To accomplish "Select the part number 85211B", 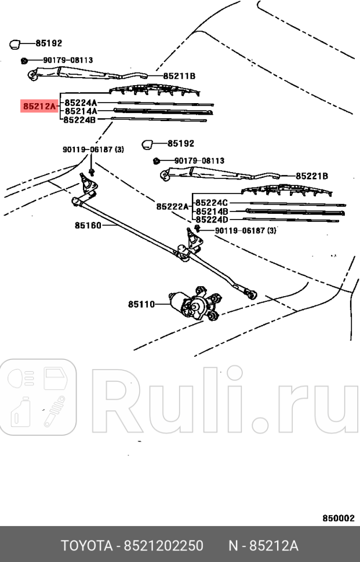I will tap(179, 76).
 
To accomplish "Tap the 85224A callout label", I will tap(81, 103).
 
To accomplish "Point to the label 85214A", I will tap(81, 111).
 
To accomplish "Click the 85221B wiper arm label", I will tap(312, 176).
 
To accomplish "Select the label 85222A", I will tap(172, 207).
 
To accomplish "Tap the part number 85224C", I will tap(212, 203).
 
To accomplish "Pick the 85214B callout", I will tap(212, 211).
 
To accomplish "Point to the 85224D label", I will tap(212, 220).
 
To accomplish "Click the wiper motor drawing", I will tap(194, 303).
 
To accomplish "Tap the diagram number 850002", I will tap(338, 519).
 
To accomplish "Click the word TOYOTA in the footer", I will tap(87, 546).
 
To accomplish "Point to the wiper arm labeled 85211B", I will tap(87, 74).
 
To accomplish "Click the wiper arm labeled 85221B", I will tap(220, 173).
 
